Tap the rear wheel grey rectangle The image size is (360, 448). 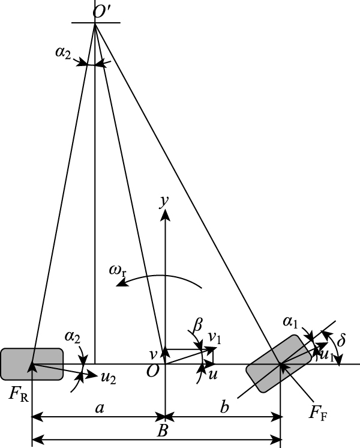(31, 364)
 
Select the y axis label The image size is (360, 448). (163, 202)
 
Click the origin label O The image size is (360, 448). (153, 371)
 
